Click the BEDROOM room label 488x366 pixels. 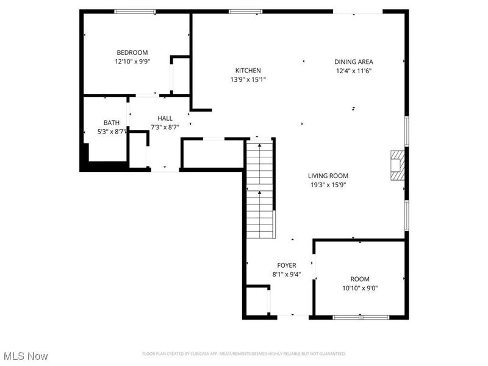point(132,53)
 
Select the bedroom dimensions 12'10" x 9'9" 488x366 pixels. point(132,62)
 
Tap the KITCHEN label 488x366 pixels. point(248,71)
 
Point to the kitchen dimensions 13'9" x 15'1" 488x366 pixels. point(248,79)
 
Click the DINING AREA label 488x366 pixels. point(353,62)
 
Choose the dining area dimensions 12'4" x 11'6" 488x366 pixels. point(353,71)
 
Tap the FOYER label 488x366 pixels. point(286,265)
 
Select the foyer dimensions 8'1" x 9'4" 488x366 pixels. point(286,274)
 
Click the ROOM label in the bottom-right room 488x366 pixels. point(359,279)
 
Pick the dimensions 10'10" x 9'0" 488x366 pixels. point(359,288)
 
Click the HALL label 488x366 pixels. point(165,118)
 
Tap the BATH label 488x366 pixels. point(112,123)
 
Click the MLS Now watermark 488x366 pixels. point(25,356)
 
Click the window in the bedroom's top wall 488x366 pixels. point(135,11)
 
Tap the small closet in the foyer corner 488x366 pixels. point(257,301)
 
